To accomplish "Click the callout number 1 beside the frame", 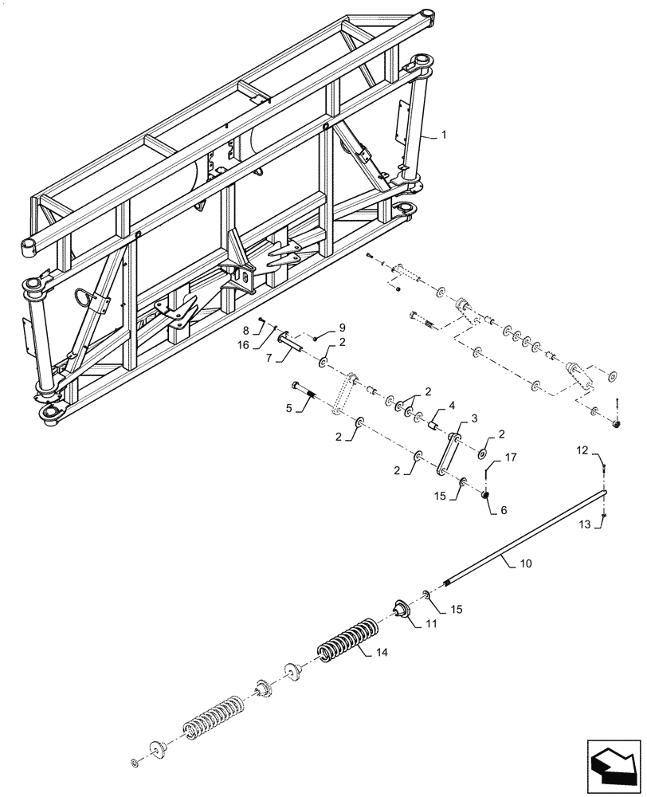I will pos(444,136).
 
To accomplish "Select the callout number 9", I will pos(342,327).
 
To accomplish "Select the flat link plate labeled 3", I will pos(448,455).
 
